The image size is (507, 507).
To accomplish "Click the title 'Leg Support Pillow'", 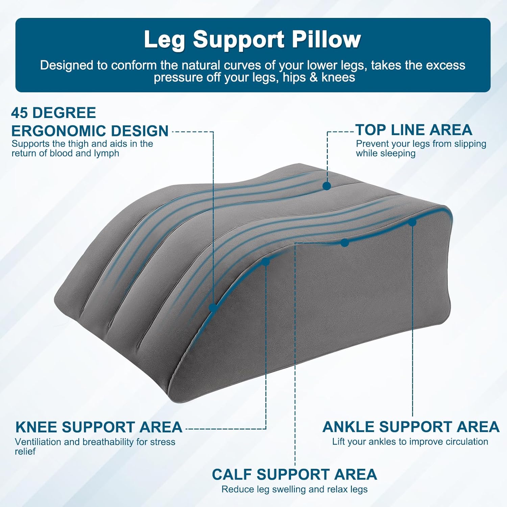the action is click(252, 40).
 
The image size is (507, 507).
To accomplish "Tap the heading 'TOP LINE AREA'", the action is click(414, 130).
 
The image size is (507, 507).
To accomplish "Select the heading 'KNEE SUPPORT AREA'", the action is click(99, 427).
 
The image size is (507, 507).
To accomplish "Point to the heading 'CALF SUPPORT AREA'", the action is click(294, 475).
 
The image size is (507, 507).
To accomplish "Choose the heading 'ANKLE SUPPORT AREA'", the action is click(411, 427).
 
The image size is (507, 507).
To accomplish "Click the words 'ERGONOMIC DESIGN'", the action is click(90, 131).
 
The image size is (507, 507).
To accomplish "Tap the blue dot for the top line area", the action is click(327, 186).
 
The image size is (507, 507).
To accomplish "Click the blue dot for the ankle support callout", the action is click(412, 222).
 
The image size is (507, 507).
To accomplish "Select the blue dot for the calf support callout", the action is click(344, 243).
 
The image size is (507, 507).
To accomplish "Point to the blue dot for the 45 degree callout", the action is click(213, 308).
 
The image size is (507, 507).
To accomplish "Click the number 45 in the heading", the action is click(20, 113).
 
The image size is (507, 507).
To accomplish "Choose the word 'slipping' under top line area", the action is click(470, 144).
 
